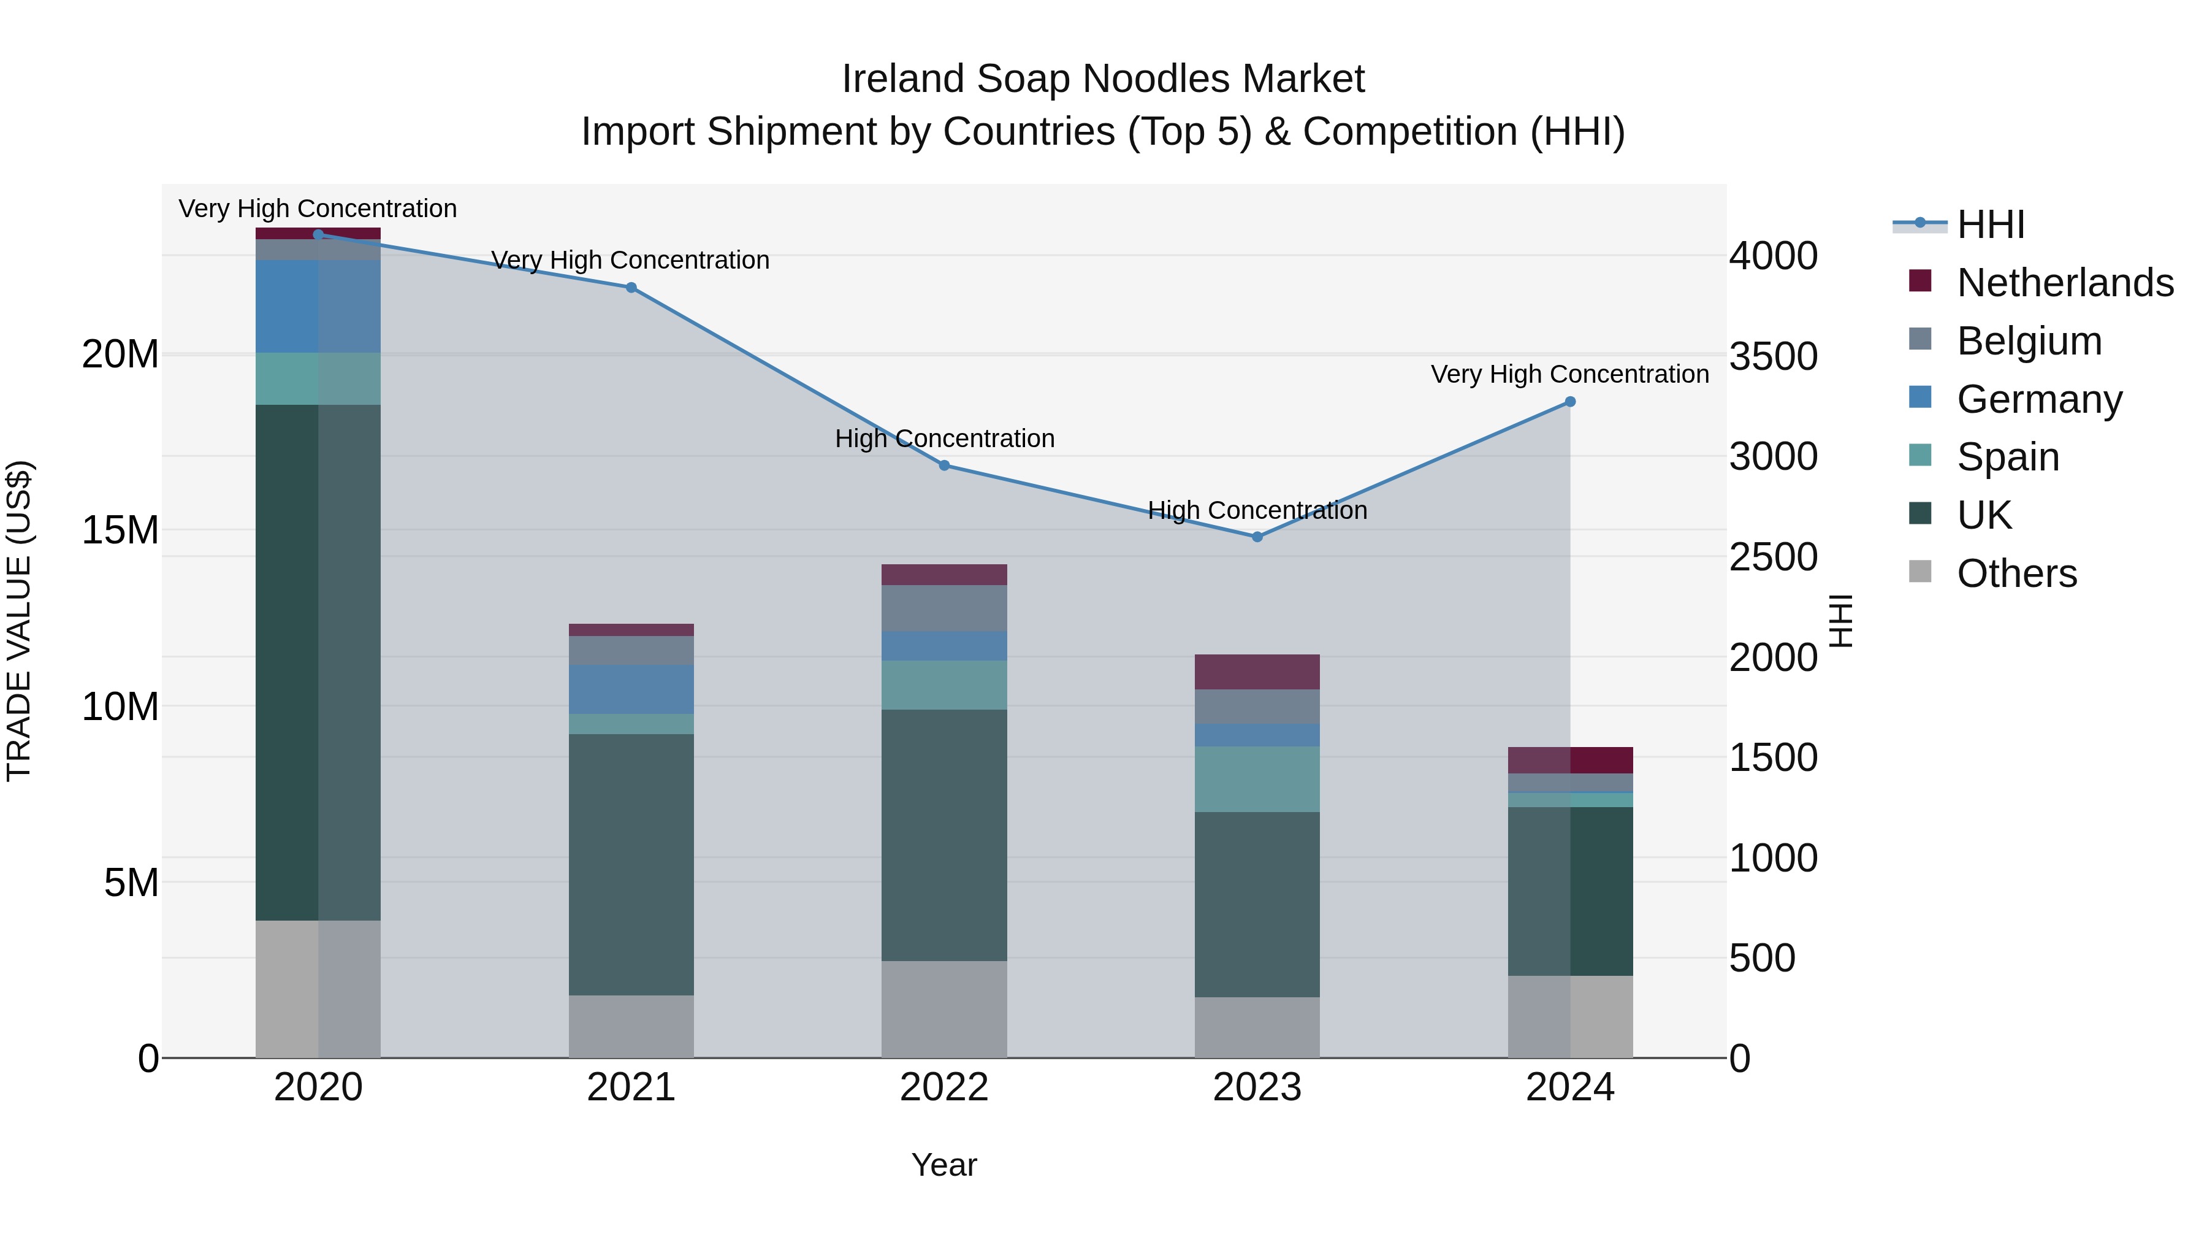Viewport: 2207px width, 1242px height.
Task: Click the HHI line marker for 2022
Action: [x=944, y=466]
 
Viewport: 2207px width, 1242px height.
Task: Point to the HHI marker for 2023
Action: [x=1257, y=537]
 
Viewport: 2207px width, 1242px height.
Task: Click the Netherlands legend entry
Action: [x=2065, y=283]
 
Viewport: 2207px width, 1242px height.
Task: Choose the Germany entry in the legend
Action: [x=2039, y=399]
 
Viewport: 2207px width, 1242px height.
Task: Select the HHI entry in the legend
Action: [x=1990, y=224]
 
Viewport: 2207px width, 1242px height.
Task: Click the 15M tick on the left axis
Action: [x=120, y=531]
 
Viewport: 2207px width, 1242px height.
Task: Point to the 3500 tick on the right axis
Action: [x=1772, y=356]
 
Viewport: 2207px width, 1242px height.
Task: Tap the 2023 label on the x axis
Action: [x=1257, y=1087]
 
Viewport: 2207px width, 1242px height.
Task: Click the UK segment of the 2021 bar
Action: [x=631, y=864]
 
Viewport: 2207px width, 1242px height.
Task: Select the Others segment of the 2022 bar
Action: [x=944, y=1009]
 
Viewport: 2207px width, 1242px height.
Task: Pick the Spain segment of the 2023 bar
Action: [x=1257, y=779]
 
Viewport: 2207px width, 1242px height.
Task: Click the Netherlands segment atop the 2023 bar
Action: [x=1257, y=672]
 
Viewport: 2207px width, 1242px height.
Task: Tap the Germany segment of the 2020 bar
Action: [x=318, y=306]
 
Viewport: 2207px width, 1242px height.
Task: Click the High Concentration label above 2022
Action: [x=944, y=439]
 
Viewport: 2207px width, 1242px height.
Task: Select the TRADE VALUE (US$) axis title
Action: [x=20, y=621]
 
